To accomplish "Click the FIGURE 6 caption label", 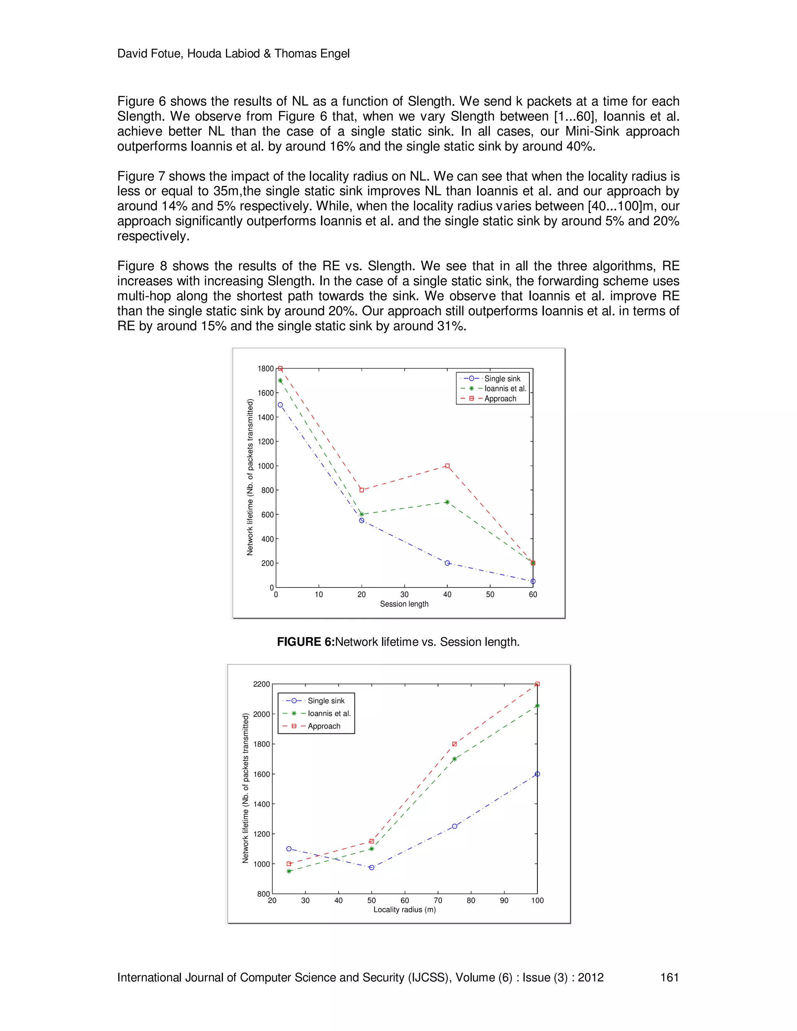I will click(x=305, y=642).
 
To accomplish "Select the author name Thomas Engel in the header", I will click(x=312, y=53).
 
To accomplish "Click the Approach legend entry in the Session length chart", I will click(x=500, y=398).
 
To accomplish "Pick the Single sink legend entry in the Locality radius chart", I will click(x=326, y=701).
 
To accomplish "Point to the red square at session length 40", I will click(x=447, y=466).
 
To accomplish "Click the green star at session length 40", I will click(x=447, y=502).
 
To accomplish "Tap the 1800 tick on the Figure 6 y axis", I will click(x=265, y=369).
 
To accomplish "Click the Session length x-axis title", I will click(x=404, y=604).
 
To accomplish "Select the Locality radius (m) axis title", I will click(x=405, y=909).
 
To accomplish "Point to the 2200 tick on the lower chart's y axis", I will click(x=261, y=684).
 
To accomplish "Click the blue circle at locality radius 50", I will click(x=372, y=867).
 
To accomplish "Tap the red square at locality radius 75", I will click(x=454, y=744).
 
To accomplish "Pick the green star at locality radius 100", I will click(x=537, y=706).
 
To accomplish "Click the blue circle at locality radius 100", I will click(x=537, y=774).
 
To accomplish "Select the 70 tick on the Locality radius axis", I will click(x=438, y=900).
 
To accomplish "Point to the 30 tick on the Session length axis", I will click(x=404, y=594).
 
